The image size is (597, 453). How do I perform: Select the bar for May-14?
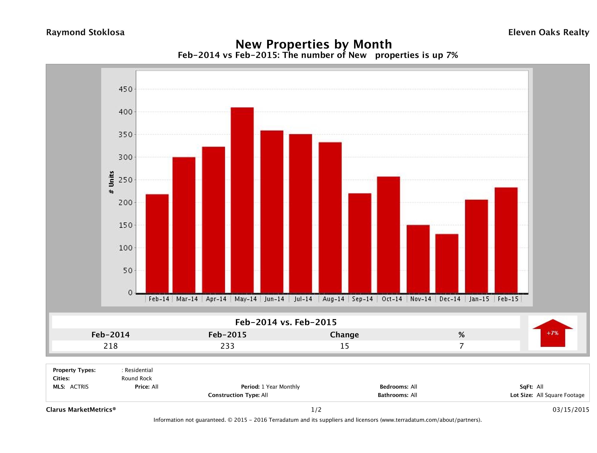pyautogui.click(x=242, y=200)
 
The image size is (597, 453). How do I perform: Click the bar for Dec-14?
pyautogui.click(x=447, y=263)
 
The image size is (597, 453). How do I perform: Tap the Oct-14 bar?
pyautogui.click(x=388, y=235)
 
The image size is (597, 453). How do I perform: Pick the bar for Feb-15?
pyautogui.click(x=506, y=240)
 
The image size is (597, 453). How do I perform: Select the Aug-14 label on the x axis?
pyautogui.click(x=333, y=299)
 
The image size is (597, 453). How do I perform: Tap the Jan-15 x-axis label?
pyautogui.click(x=479, y=299)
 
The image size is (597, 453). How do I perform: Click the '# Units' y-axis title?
pyautogui.click(x=111, y=182)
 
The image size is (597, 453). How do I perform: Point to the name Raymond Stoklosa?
pyautogui.click(x=85, y=32)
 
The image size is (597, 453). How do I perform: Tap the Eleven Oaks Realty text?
pyautogui.click(x=548, y=32)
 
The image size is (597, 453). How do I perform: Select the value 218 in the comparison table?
pyautogui.click(x=111, y=346)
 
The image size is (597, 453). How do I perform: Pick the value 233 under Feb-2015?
pyautogui.click(x=228, y=346)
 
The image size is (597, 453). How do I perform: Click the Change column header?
pyautogui.click(x=344, y=335)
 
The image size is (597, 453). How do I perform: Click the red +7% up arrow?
pyautogui.click(x=552, y=333)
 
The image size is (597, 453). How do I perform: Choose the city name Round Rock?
pyautogui.click(x=137, y=378)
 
